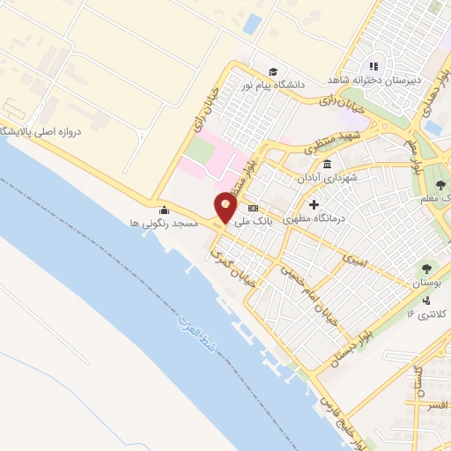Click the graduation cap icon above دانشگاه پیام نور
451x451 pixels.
(x=273, y=71)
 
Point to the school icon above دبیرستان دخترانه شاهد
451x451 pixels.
(x=373, y=65)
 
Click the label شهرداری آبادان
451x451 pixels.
(x=328, y=178)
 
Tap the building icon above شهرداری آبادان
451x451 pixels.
(x=328, y=164)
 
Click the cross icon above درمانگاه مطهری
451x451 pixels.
(x=314, y=205)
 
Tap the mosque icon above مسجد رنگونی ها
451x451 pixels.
(x=164, y=210)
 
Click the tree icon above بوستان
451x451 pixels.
(x=425, y=269)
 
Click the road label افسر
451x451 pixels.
(x=433, y=407)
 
